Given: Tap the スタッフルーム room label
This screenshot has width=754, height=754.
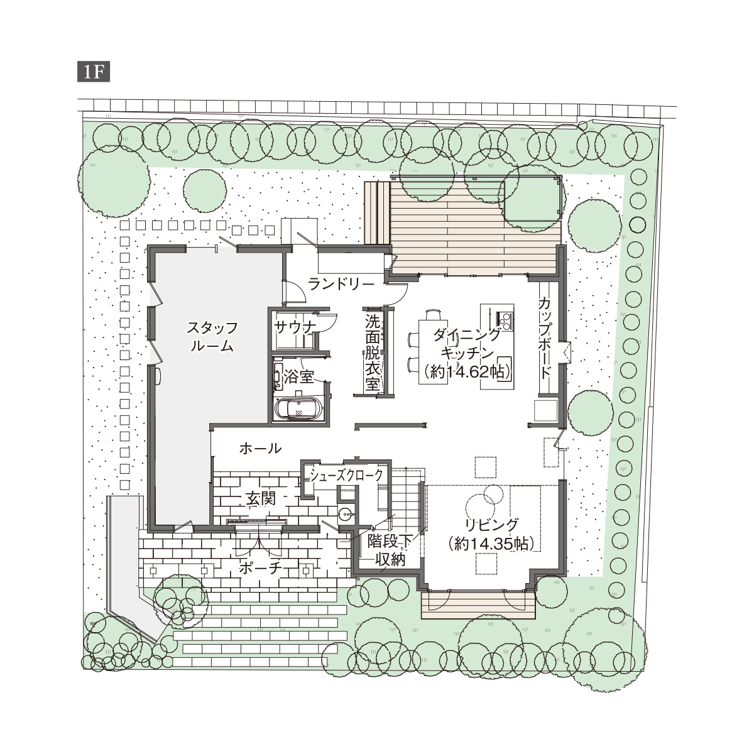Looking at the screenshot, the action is [212, 337].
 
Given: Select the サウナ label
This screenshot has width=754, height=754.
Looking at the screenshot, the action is [295, 327].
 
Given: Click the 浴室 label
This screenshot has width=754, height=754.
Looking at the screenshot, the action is [298, 377].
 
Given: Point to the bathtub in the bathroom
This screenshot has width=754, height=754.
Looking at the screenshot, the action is [298, 408].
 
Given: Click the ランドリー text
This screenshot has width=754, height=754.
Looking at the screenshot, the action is [342, 284].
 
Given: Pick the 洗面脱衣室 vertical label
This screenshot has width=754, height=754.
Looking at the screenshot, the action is [372, 352].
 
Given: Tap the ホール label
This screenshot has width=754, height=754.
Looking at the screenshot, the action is [261, 449].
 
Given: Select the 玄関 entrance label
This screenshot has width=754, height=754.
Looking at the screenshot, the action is [261, 498].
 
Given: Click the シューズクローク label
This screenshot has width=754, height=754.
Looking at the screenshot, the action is [346, 475].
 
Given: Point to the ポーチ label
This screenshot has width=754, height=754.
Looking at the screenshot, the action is [260, 568].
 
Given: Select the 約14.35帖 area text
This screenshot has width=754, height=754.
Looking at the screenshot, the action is [492, 544].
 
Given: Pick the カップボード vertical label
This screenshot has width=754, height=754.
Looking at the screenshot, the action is [544, 337].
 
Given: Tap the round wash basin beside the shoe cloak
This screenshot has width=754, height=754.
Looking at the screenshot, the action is [346, 514].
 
